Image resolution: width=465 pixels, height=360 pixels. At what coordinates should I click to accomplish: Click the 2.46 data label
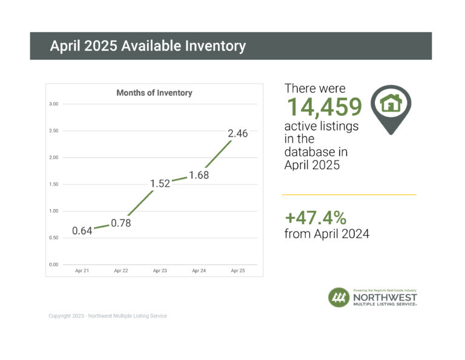(x=238, y=133)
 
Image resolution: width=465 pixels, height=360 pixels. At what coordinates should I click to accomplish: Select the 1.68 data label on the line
(x=199, y=175)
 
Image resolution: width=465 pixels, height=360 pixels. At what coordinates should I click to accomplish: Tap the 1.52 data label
(x=160, y=184)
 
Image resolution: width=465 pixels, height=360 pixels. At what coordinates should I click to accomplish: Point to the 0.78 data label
(x=121, y=223)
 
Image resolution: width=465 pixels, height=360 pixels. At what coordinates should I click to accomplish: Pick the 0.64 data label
(x=82, y=231)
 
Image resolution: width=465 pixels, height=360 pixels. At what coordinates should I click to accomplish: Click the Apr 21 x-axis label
(x=82, y=270)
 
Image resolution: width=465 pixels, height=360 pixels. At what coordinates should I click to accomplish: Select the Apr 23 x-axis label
(x=160, y=270)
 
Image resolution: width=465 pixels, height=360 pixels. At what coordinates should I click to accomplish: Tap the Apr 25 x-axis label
(x=238, y=270)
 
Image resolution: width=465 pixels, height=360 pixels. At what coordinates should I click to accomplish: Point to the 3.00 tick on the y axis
(x=54, y=104)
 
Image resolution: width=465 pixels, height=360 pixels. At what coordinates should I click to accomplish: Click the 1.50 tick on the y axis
(x=54, y=184)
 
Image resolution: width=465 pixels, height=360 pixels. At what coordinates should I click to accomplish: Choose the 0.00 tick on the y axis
(x=54, y=265)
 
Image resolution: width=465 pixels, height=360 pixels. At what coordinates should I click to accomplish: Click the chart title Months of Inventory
(x=154, y=93)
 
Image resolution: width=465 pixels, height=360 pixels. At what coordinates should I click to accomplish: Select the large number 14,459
(x=324, y=107)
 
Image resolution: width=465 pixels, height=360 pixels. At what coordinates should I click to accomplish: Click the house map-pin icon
(x=391, y=107)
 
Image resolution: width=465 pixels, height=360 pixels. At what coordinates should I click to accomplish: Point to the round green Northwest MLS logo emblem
(x=338, y=298)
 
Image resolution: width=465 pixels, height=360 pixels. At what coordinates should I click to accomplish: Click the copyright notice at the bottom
(x=108, y=316)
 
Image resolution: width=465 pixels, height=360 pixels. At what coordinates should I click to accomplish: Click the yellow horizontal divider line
(x=349, y=195)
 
